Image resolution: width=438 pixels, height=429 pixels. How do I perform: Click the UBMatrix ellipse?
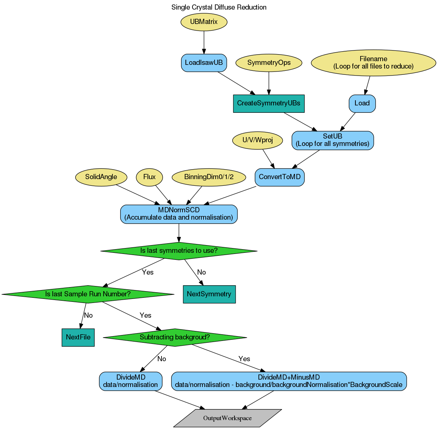204,22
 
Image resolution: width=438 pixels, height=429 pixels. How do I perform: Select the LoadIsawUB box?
204,63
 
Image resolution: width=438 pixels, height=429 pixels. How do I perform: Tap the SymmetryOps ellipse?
269,63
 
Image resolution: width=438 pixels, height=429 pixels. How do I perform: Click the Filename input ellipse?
373,63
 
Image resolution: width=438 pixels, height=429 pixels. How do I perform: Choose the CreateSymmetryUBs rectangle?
269,103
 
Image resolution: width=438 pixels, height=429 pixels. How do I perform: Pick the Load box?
362,103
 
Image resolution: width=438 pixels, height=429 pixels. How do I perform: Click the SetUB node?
333,140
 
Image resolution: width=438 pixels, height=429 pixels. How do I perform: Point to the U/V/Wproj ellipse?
258,140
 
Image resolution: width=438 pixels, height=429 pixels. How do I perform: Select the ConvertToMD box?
279,177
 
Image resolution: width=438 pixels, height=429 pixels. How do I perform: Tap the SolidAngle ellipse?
101,177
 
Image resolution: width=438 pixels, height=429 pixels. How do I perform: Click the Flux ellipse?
149,177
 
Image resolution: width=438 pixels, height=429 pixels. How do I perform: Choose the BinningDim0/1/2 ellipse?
209,177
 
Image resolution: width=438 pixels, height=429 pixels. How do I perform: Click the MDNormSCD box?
179,214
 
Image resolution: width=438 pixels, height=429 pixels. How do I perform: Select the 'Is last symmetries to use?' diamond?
179,251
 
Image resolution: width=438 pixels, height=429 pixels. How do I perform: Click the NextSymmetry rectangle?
209,294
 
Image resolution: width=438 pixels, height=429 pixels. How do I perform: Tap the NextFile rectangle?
78,337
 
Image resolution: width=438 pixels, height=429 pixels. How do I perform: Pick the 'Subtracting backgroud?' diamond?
175,337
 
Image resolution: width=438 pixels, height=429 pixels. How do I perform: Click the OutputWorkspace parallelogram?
227,418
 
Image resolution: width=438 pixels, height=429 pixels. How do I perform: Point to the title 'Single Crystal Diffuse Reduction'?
219,7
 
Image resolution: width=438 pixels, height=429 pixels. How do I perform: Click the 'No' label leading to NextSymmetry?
201,272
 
